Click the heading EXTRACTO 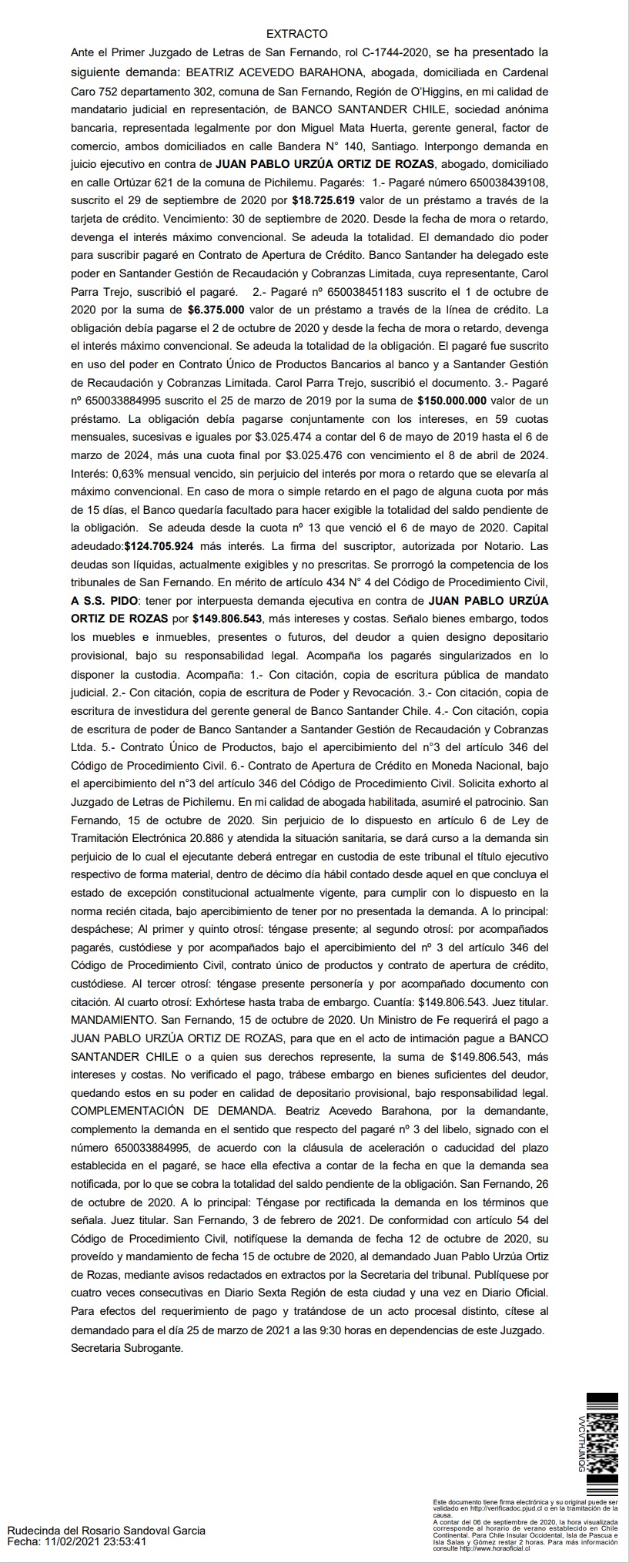click(x=296, y=34)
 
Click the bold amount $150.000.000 click(x=452, y=401)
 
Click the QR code click(x=601, y=1441)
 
